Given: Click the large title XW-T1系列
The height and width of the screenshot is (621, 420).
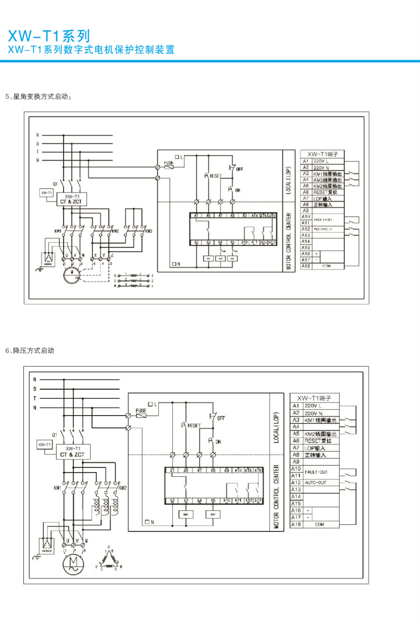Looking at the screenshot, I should tap(49, 36).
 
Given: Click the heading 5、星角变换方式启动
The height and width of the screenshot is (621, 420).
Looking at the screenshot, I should tap(38, 97).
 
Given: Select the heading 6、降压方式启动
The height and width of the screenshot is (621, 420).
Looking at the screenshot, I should tap(30, 351).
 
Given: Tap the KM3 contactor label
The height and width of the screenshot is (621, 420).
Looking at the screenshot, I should tap(148, 231).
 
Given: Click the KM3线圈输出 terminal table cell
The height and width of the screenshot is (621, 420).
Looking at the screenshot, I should tap(327, 180).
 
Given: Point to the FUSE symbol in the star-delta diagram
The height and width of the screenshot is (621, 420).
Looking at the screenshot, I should tap(168, 165).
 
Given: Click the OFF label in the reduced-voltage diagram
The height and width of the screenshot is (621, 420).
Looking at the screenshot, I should tap(221, 418).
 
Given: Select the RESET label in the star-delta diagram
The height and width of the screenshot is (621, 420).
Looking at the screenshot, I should tap(215, 176).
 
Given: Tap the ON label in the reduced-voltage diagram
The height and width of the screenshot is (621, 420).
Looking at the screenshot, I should tap(218, 441).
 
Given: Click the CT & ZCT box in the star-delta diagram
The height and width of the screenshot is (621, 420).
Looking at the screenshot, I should tap(70, 199).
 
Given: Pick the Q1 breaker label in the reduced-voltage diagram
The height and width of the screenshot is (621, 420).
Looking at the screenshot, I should tap(55, 435).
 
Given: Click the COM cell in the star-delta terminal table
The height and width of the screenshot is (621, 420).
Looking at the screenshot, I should tap(326, 266).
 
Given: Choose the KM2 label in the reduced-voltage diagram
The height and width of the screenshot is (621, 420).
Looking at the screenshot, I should tap(122, 488).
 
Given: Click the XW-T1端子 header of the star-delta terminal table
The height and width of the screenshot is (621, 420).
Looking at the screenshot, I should tap(322, 154).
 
